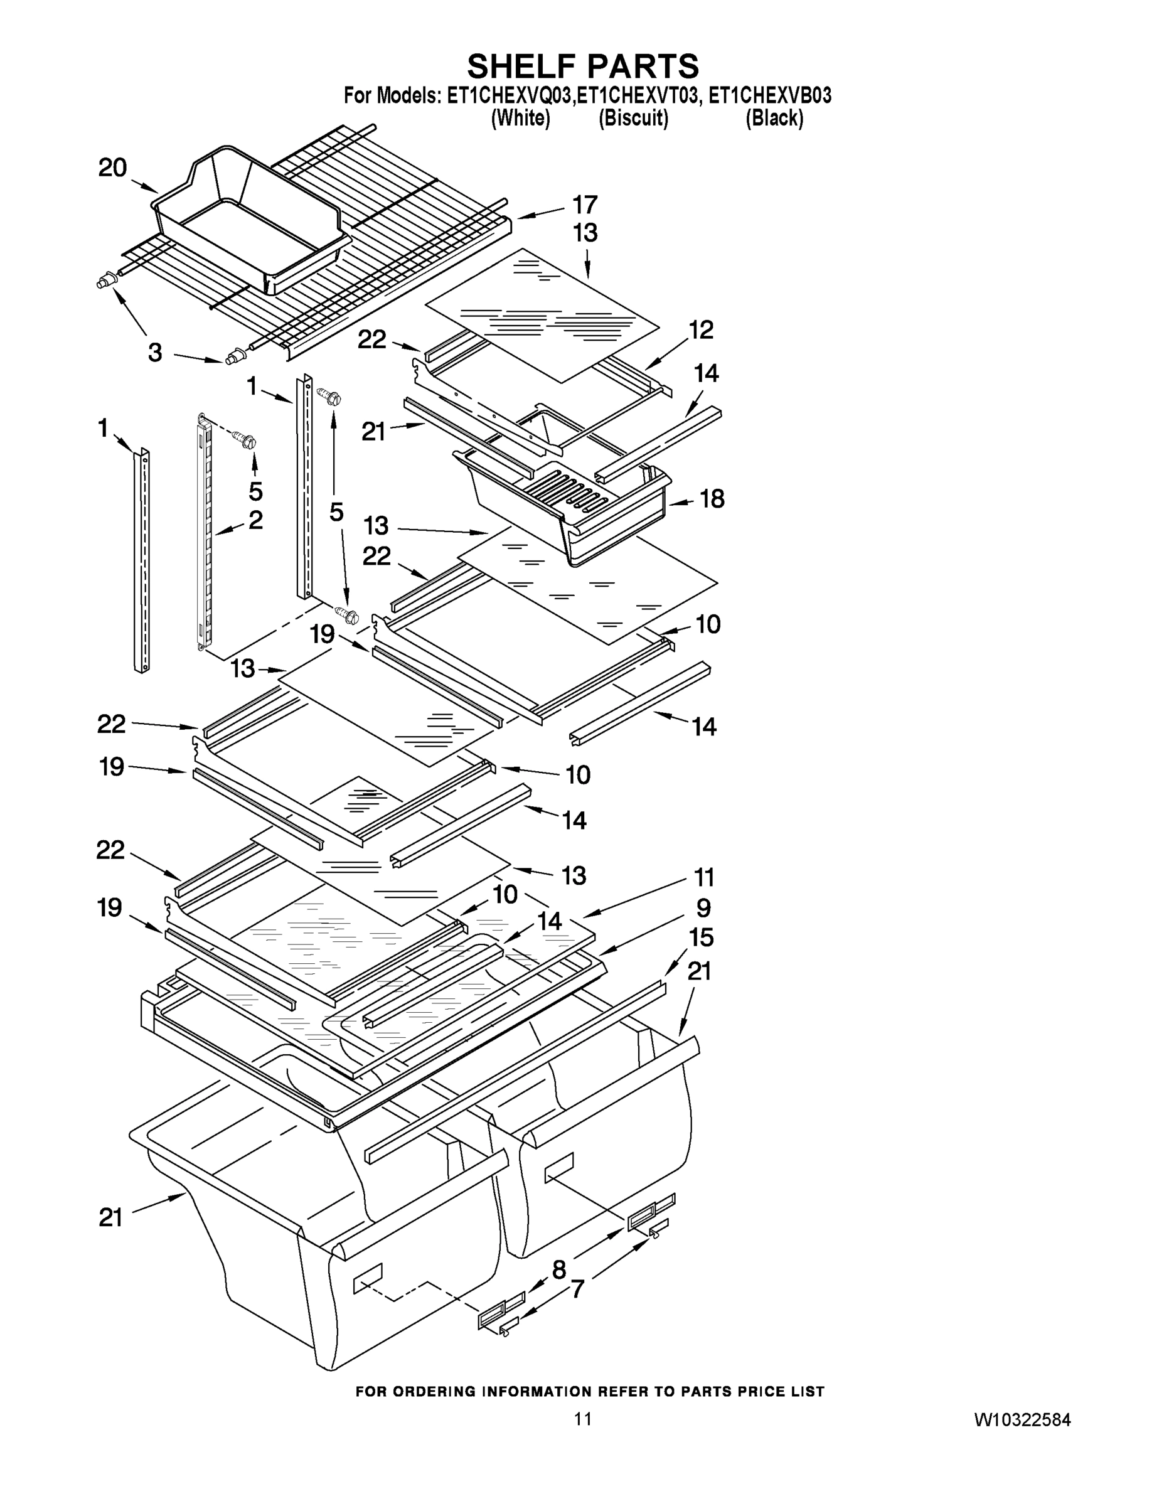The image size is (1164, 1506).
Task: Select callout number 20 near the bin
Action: pos(112,168)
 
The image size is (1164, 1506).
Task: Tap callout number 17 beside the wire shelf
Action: pos(585,205)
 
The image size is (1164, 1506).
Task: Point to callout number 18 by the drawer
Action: pos(712,499)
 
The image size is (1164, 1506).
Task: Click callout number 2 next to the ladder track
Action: pos(255,520)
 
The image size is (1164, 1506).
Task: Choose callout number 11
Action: pos(703,878)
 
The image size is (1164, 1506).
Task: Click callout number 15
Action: pos(701,938)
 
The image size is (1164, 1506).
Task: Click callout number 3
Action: pos(155,353)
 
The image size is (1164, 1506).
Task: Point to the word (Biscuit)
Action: pos(633,119)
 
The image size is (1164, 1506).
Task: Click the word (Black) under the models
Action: pos(774,119)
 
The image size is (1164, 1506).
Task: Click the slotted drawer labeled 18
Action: pos(572,503)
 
